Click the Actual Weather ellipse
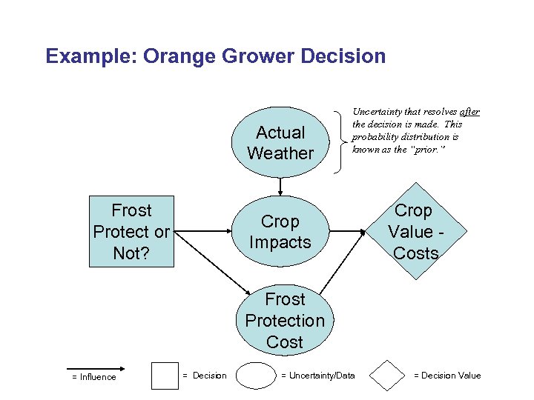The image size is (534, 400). (280, 143)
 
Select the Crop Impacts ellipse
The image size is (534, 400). (280, 232)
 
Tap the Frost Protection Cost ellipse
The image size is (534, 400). (285, 320)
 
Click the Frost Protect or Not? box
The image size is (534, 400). (131, 232)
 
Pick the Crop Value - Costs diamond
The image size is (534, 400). (415, 232)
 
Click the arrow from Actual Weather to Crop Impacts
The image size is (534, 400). (280, 187)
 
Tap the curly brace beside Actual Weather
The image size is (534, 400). (340, 138)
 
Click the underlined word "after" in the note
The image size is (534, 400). (469, 113)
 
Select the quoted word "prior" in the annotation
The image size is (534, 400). (432, 149)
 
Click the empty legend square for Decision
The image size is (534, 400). (165, 376)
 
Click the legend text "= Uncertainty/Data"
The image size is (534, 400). (318, 376)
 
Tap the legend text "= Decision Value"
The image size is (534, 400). (447, 376)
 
